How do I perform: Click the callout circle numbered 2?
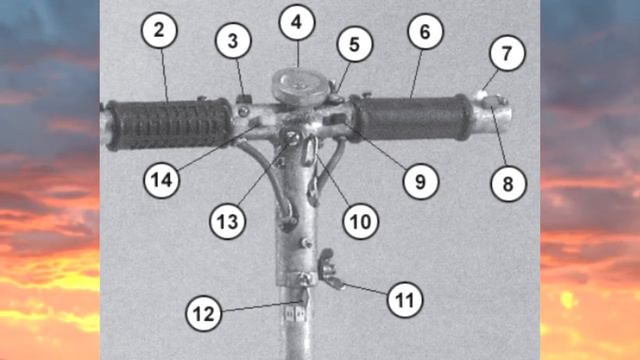(x=159, y=31)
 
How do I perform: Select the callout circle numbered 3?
(x=233, y=41)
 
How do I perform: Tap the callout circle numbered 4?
(x=297, y=22)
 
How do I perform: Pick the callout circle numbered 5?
(x=354, y=44)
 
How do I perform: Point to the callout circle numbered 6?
(x=425, y=31)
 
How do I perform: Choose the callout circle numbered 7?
(x=507, y=53)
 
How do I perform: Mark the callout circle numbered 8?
(x=508, y=184)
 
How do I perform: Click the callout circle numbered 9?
(x=420, y=182)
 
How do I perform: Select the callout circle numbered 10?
(x=360, y=222)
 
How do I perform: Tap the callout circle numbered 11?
(x=404, y=300)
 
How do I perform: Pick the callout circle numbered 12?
(x=203, y=313)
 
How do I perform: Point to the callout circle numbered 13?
(x=227, y=222)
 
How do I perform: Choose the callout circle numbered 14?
(x=162, y=180)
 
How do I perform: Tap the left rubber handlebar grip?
(x=169, y=124)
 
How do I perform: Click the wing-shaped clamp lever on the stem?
(x=330, y=269)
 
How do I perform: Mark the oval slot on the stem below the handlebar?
(x=309, y=151)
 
